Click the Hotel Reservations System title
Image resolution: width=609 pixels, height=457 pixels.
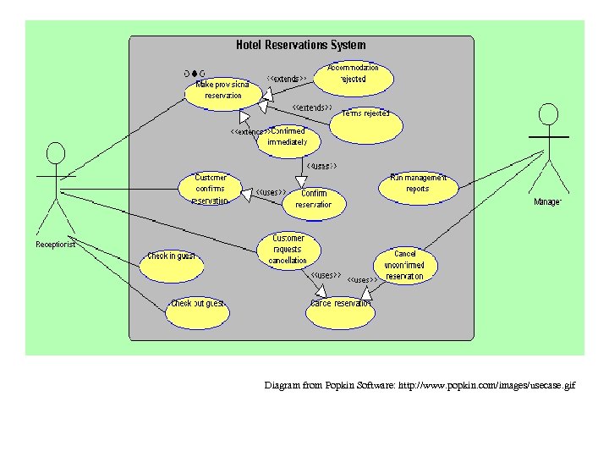300,45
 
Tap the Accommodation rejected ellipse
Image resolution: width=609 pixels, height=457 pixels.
353,76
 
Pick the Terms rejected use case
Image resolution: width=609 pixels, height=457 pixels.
365,124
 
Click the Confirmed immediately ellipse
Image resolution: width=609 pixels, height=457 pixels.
288,140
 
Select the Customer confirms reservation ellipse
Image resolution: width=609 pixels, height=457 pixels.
211,188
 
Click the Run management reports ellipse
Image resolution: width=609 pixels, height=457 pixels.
417,186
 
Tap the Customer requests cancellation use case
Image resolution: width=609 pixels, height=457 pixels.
288,250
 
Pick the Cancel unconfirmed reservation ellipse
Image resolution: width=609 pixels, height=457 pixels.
405,265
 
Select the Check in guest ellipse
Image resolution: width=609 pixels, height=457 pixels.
172,263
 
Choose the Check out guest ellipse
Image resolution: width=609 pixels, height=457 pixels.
197,311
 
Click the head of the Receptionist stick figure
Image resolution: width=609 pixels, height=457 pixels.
56,152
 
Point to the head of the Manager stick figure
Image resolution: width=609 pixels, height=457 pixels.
548,114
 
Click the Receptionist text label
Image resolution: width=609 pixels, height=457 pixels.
56,245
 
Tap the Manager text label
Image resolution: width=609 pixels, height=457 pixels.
547,201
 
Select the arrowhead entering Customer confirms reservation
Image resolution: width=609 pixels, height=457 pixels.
247,195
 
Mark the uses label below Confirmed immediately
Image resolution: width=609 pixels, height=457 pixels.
321,166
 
